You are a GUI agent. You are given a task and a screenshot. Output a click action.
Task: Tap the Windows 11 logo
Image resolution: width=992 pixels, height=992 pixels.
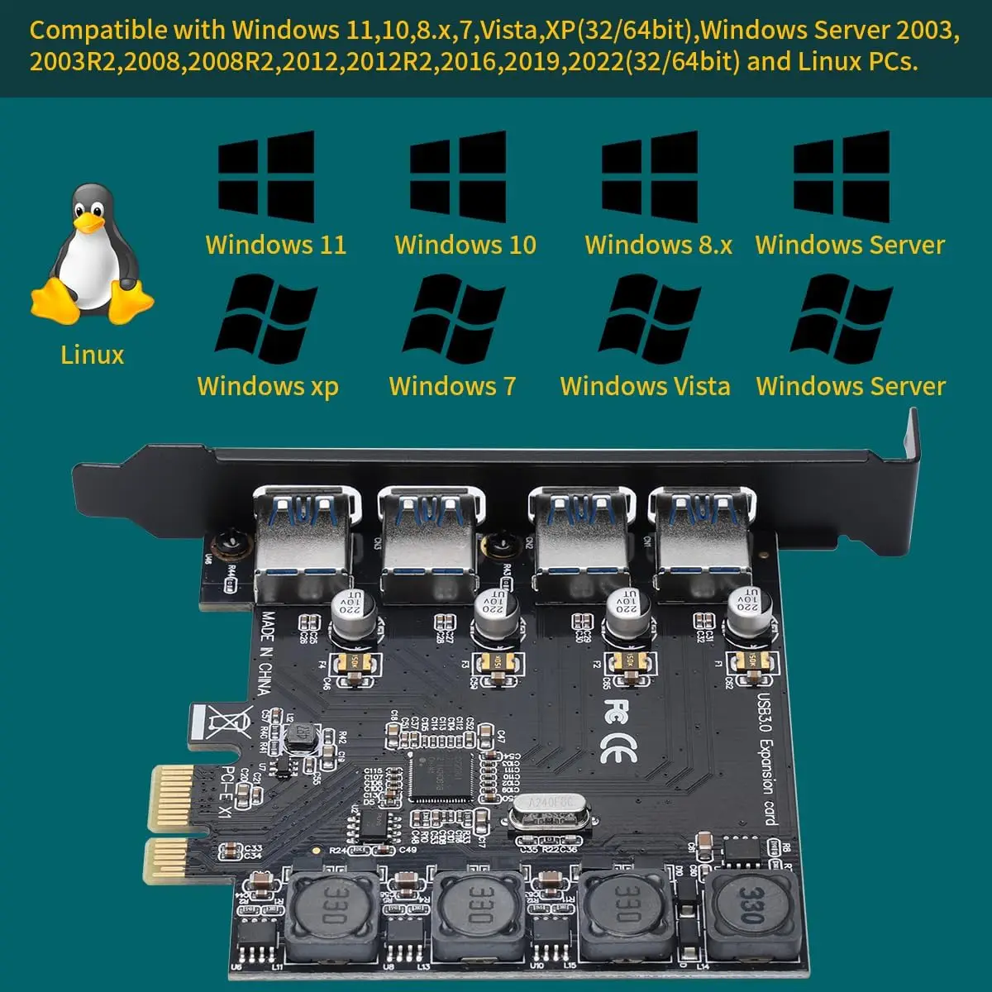pos(266,176)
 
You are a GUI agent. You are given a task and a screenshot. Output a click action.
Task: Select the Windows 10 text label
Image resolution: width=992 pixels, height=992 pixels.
pos(465,245)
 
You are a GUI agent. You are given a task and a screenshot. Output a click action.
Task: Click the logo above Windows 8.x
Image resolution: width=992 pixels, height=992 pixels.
pos(650,176)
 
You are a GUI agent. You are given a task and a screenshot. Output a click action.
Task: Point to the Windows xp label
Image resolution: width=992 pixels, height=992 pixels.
pos(268,386)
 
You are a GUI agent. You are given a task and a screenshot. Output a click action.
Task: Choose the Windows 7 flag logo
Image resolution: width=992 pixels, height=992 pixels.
pos(454,318)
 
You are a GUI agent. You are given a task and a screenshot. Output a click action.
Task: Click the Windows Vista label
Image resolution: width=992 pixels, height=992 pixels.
pos(645,386)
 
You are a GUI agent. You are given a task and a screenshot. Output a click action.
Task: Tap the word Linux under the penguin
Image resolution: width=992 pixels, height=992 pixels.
pos(92,355)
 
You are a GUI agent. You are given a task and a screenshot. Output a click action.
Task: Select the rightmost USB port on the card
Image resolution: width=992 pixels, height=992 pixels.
pos(701,537)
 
